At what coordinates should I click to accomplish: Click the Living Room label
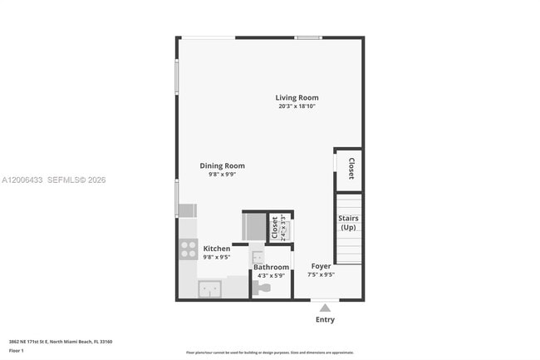tap(297, 98)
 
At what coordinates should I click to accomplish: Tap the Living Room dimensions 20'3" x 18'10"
tap(297, 106)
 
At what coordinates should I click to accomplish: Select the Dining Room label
tap(222, 165)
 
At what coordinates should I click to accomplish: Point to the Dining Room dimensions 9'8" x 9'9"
tap(222, 175)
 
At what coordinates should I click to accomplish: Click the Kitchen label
tap(217, 249)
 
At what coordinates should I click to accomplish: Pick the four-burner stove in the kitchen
tap(187, 249)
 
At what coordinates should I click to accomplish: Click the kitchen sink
tap(210, 289)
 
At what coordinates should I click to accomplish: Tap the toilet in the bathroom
tap(262, 288)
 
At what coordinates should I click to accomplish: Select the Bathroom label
tap(271, 267)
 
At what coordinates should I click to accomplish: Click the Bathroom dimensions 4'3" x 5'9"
tap(271, 275)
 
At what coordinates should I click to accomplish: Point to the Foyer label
tap(321, 266)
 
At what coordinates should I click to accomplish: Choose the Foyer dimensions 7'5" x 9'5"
tap(321, 274)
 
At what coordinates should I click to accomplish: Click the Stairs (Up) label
tap(348, 223)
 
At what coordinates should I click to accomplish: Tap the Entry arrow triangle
tap(325, 308)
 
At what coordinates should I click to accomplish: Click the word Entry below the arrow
tap(325, 320)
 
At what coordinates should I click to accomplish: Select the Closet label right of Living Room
tap(351, 169)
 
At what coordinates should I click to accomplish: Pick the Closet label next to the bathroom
tap(275, 228)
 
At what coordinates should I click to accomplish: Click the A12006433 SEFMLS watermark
tap(53, 180)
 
